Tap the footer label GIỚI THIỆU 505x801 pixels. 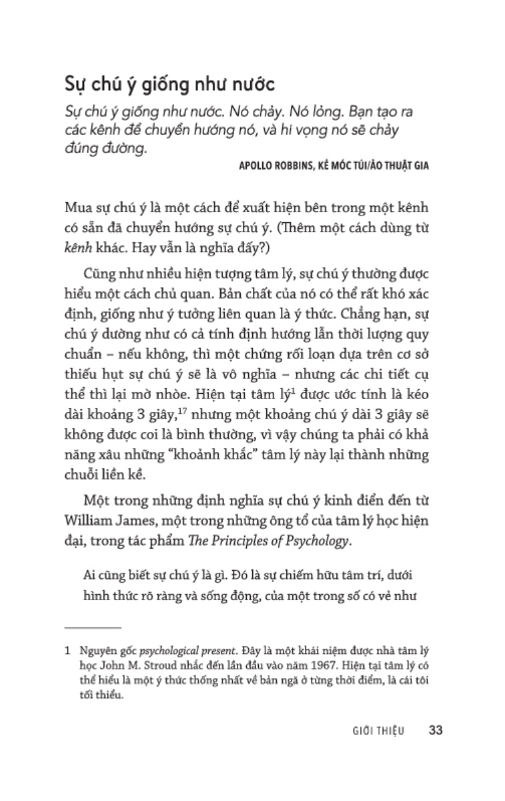pyautogui.click(x=379, y=730)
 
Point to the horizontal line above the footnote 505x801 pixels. pyautogui.click(x=93, y=627)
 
